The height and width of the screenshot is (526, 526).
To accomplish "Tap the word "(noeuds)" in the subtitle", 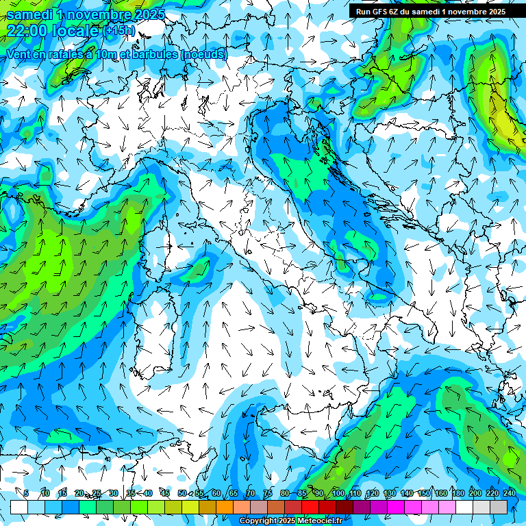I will click(x=203, y=53).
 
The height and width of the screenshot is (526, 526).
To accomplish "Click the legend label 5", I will click(x=26, y=494).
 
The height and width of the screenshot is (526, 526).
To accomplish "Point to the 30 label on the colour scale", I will click(x=113, y=494).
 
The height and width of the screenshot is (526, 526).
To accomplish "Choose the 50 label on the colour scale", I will click(x=182, y=494).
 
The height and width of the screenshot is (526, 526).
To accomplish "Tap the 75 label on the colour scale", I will click(x=268, y=494).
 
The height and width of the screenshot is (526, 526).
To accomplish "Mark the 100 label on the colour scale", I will click(x=338, y=494).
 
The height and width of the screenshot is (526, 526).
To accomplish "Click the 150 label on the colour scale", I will click(x=424, y=494).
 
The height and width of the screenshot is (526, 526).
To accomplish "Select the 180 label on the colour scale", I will click(x=458, y=494).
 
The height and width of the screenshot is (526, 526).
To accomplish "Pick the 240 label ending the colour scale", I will click(x=509, y=494).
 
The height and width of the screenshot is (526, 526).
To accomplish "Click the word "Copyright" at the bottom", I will click(x=260, y=521).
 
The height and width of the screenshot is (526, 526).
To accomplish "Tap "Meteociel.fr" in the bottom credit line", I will click(x=325, y=521).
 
